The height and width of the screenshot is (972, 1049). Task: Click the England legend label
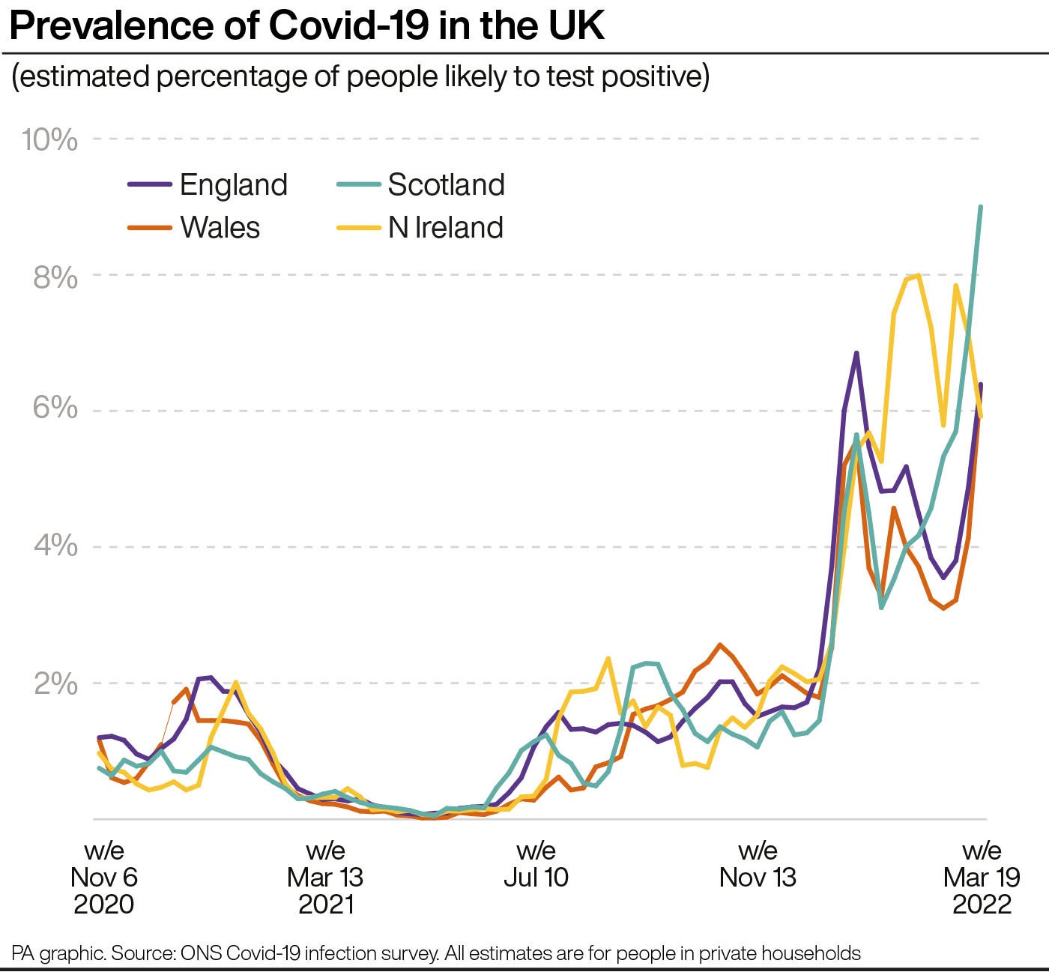click(x=233, y=185)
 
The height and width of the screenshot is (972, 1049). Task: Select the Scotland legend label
click(x=446, y=185)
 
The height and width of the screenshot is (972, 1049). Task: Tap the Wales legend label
click(x=220, y=228)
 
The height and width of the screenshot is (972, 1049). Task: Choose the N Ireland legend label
click(x=445, y=228)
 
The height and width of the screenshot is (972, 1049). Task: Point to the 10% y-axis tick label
click(x=49, y=139)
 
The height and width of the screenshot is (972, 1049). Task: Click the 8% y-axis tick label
click(x=55, y=278)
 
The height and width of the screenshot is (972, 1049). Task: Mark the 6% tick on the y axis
click(x=55, y=408)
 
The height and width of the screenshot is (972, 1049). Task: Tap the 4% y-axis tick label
click(x=55, y=546)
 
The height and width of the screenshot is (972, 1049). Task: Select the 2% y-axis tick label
click(x=55, y=683)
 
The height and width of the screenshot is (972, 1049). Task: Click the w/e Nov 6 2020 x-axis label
click(x=104, y=877)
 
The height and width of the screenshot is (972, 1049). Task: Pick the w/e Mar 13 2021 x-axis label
click(x=325, y=877)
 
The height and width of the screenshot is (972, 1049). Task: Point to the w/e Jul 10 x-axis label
click(x=536, y=864)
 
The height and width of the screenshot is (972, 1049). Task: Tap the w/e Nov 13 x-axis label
click(x=758, y=864)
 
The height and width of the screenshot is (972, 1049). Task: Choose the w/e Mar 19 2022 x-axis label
click(x=982, y=877)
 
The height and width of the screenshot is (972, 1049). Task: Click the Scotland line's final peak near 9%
click(x=981, y=207)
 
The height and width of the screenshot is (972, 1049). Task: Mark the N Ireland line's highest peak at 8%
click(x=919, y=276)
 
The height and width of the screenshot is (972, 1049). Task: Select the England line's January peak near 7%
click(x=856, y=353)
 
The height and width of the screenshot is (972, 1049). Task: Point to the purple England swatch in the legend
click(x=150, y=185)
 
